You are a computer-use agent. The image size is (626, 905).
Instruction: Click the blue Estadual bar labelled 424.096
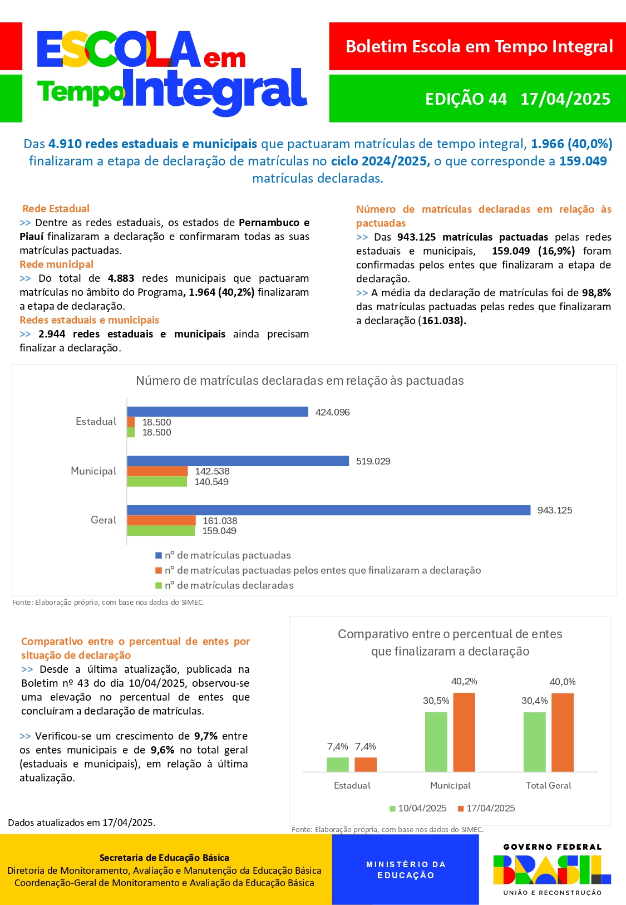tap(218, 412)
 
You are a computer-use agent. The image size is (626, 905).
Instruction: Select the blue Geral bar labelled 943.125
tap(328, 510)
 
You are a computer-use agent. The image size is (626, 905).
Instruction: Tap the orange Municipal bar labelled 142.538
tap(157, 471)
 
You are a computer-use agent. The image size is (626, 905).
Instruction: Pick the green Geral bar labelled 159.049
tap(161, 531)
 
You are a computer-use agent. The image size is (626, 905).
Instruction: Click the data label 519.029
tap(373, 461)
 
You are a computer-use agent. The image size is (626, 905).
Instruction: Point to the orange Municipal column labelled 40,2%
tap(464, 732)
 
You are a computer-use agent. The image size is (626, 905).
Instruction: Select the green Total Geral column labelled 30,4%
tap(534, 742)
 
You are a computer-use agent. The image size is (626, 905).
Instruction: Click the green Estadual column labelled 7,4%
tap(337, 764)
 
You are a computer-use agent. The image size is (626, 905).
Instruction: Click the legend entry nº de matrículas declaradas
tap(229, 585)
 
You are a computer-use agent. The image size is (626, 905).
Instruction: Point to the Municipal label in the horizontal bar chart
tap(93, 471)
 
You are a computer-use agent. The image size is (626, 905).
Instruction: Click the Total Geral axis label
tap(549, 785)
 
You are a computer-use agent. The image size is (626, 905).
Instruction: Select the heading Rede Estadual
tap(56, 209)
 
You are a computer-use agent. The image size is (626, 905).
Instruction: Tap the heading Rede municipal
tap(56, 265)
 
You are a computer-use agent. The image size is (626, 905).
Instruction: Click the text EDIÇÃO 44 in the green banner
tap(466, 99)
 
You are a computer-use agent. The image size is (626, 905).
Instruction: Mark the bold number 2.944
tap(52, 334)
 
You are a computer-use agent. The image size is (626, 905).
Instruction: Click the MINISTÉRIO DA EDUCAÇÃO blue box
tap(406, 870)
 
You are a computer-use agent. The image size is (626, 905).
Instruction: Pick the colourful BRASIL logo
tap(552, 870)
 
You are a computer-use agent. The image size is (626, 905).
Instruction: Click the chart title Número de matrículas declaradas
tap(299, 381)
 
